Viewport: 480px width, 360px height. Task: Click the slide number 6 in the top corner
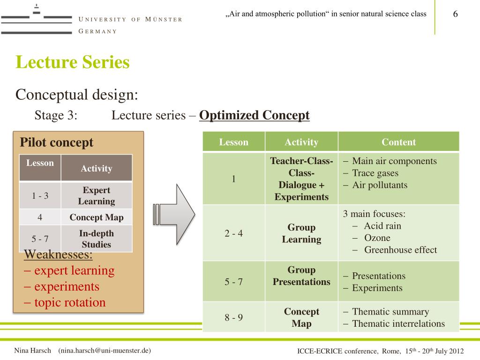coord(455,14)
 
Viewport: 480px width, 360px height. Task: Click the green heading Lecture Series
coord(72,62)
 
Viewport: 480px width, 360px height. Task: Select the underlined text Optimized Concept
coord(254,115)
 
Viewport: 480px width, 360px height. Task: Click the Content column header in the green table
coord(398,142)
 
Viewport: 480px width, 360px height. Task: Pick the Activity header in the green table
coord(301,142)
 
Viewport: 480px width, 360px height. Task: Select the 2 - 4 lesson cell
coord(233,233)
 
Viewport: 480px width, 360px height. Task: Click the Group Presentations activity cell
coord(301,276)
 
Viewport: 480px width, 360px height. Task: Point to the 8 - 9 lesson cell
coord(233,317)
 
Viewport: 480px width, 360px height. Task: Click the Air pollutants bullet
coord(379,185)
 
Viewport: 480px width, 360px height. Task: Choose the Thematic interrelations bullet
coord(398,323)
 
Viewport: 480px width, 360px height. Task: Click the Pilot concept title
coord(56,142)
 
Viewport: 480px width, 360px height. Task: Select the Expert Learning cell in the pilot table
coord(96,196)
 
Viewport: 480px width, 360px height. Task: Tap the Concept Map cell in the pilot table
coord(96,217)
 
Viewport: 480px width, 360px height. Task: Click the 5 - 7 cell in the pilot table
coord(40,239)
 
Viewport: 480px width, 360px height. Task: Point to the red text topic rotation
coord(69,302)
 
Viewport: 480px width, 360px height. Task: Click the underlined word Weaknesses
coord(58,255)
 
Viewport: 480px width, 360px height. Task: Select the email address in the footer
coord(104,351)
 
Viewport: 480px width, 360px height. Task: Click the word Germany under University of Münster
coord(97,31)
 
